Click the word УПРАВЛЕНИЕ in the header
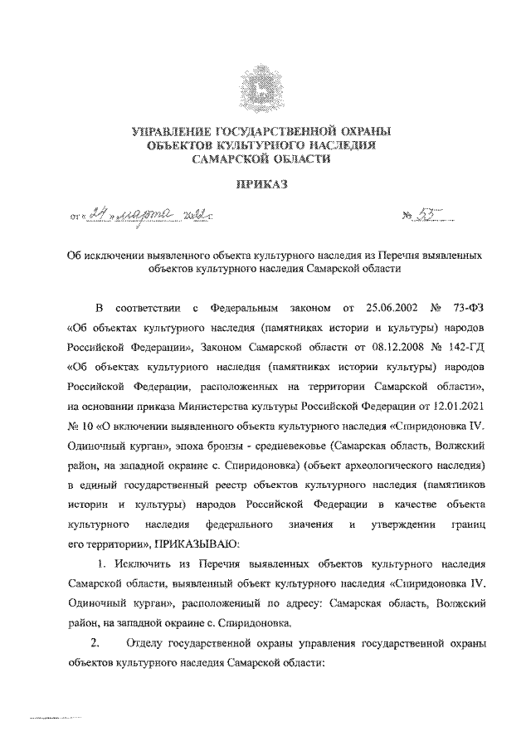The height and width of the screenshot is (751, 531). click(x=173, y=132)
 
